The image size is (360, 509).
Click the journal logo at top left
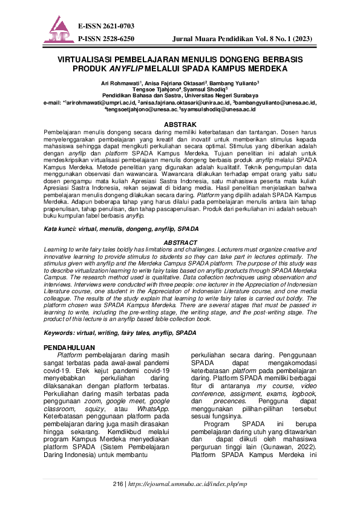pyautogui.click(x=59, y=30)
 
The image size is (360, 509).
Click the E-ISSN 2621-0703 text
pyautogui.click(x=106, y=26)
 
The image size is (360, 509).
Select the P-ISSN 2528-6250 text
pyautogui.click(x=106, y=38)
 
